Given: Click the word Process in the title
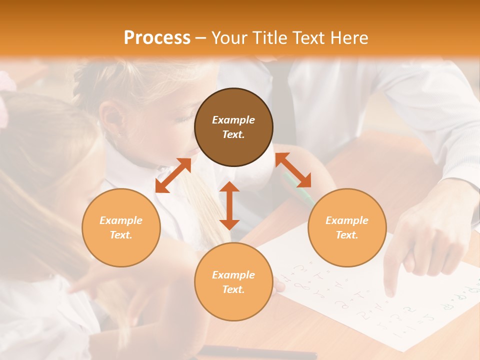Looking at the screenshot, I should click(x=157, y=38).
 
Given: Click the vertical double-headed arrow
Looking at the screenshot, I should click(x=229, y=205).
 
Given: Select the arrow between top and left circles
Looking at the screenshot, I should click(x=173, y=175).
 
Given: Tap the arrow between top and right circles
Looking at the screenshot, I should click(x=293, y=170).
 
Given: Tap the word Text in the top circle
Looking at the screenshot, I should click(x=233, y=134).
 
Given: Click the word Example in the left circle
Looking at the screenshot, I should click(x=121, y=220).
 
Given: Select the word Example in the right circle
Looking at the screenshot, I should click(x=347, y=220).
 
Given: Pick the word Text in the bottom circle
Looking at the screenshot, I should click(x=233, y=289).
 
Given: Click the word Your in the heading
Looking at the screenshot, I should click(x=229, y=38).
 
